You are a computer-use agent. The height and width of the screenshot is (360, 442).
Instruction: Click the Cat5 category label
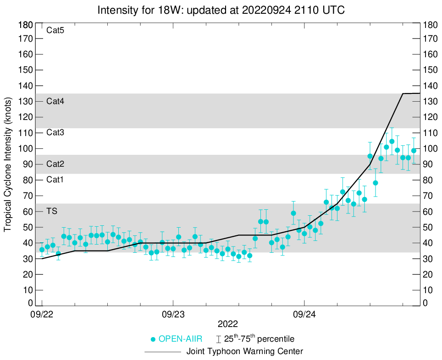click(x=55, y=31)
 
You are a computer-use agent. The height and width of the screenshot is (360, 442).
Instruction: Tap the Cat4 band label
click(x=55, y=101)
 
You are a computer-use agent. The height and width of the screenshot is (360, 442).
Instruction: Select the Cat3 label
click(x=55, y=133)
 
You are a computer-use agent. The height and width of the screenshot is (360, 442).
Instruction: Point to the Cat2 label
click(x=55, y=164)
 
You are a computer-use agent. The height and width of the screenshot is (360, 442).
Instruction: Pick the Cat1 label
click(x=55, y=180)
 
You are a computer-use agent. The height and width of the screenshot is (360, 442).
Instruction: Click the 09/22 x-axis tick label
click(x=42, y=315)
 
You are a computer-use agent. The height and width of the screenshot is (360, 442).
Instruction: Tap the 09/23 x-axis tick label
click(x=173, y=315)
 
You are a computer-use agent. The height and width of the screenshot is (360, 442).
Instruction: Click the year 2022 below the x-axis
click(x=228, y=324)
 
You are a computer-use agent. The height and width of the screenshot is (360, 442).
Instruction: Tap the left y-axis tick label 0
click(x=30, y=303)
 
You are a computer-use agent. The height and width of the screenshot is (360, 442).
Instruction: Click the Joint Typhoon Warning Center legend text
click(x=244, y=352)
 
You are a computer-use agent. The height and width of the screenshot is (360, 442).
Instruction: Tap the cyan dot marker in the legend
click(x=154, y=339)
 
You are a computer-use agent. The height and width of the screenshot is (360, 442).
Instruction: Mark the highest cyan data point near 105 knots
click(x=392, y=142)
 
